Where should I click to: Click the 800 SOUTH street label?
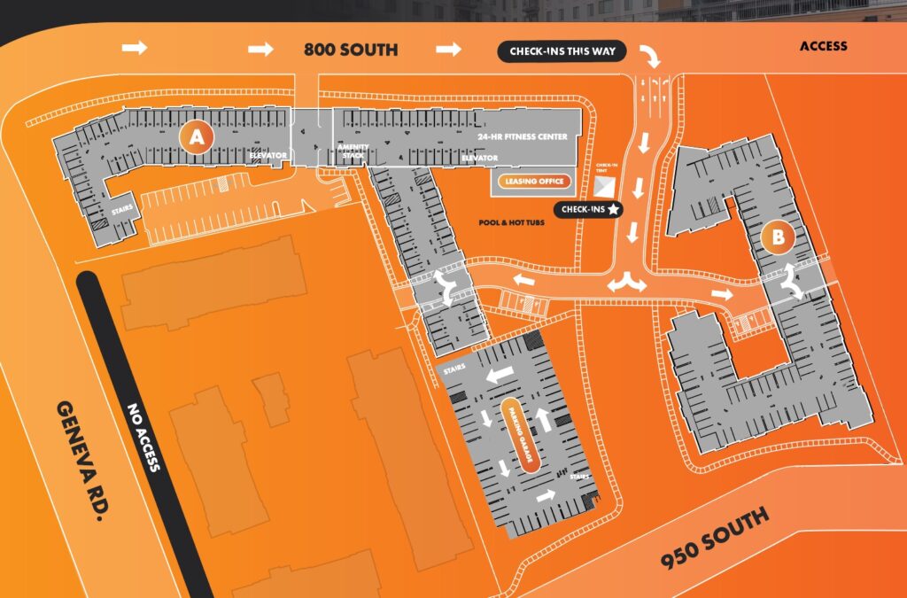(x=351, y=50)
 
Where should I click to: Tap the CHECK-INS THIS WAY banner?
(x=562, y=51)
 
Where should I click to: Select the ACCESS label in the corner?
(x=823, y=46)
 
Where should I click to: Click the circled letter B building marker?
(x=778, y=237)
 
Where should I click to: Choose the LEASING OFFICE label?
(x=532, y=182)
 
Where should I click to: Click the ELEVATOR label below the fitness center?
(x=478, y=158)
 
